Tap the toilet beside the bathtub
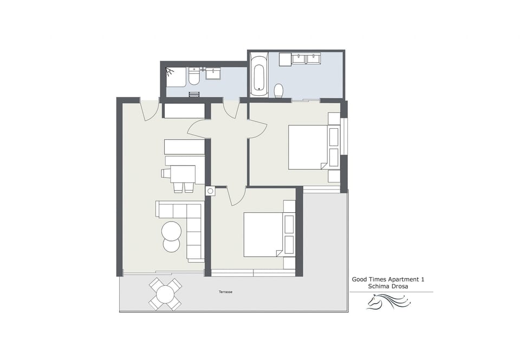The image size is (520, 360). pyautogui.click(x=279, y=90)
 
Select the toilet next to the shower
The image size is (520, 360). pyautogui.click(x=193, y=80)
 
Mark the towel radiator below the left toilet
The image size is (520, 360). pyautogui.click(x=194, y=94)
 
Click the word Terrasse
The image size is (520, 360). pyautogui.click(x=225, y=292)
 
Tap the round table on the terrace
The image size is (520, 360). pyautogui.click(x=165, y=294)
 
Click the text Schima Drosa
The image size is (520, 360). pyautogui.click(x=387, y=286)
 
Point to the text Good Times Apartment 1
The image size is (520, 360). pyautogui.click(x=388, y=279)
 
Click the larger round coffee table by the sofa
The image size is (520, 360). pyautogui.click(x=172, y=231)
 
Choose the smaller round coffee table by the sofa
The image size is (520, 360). pyautogui.click(x=171, y=245)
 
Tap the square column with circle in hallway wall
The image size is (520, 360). pyautogui.click(x=210, y=191)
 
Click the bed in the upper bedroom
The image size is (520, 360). pyautogui.click(x=308, y=147)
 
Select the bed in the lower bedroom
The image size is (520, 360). pyautogui.click(x=263, y=234)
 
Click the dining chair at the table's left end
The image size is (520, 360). pyautogui.click(x=166, y=174)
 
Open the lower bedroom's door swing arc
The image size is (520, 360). pyautogui.click(x=236, y=196)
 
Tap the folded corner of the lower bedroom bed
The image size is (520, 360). pyautogui.click(x=279, y=252)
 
